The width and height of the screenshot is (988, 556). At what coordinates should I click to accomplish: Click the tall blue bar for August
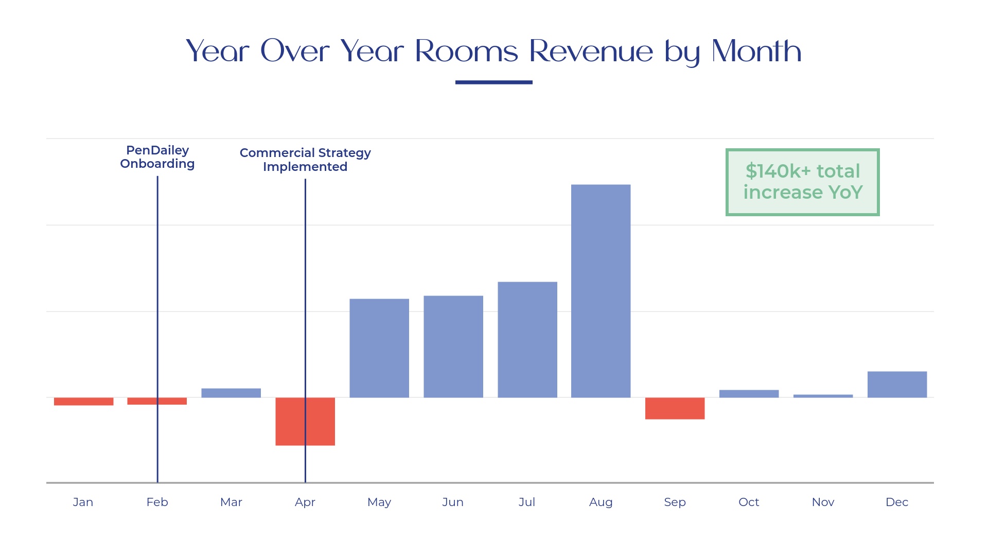coord(601,291)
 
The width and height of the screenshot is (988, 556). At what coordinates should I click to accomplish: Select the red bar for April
coord(305,421)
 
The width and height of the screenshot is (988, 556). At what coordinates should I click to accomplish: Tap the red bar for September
coord(675,408)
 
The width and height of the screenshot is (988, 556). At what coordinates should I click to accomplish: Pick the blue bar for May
coord(379,348)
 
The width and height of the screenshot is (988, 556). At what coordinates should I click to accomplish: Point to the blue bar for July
coord(527,339)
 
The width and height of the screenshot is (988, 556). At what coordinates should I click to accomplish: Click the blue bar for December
coord(897,384)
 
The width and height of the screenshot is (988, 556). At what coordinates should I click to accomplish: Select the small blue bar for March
coord(231,393)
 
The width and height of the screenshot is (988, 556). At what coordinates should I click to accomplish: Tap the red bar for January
coord(83,402)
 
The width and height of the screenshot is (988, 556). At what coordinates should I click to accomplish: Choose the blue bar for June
coord(453,346)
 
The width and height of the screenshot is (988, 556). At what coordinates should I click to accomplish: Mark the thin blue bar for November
coord(823,396)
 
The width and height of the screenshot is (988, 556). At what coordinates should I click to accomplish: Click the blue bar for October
coord(749,394)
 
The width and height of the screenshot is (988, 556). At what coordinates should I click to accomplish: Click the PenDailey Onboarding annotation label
coord(157,157)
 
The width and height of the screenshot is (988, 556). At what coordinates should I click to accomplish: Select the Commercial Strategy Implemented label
coord(305,160)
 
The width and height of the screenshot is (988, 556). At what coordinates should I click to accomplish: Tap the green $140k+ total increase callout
coord(802,182)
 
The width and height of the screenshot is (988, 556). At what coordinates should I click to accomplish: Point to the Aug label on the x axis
coord(601,502)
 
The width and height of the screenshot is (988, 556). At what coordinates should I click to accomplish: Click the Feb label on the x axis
coord(157,502)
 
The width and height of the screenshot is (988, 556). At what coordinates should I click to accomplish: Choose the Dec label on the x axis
coord(897,502)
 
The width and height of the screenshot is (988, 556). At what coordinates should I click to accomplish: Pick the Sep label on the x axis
coord(675,502)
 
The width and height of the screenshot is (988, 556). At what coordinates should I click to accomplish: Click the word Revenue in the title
coord(591,51)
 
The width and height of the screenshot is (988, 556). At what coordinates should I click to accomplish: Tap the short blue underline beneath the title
coord(493,82)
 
